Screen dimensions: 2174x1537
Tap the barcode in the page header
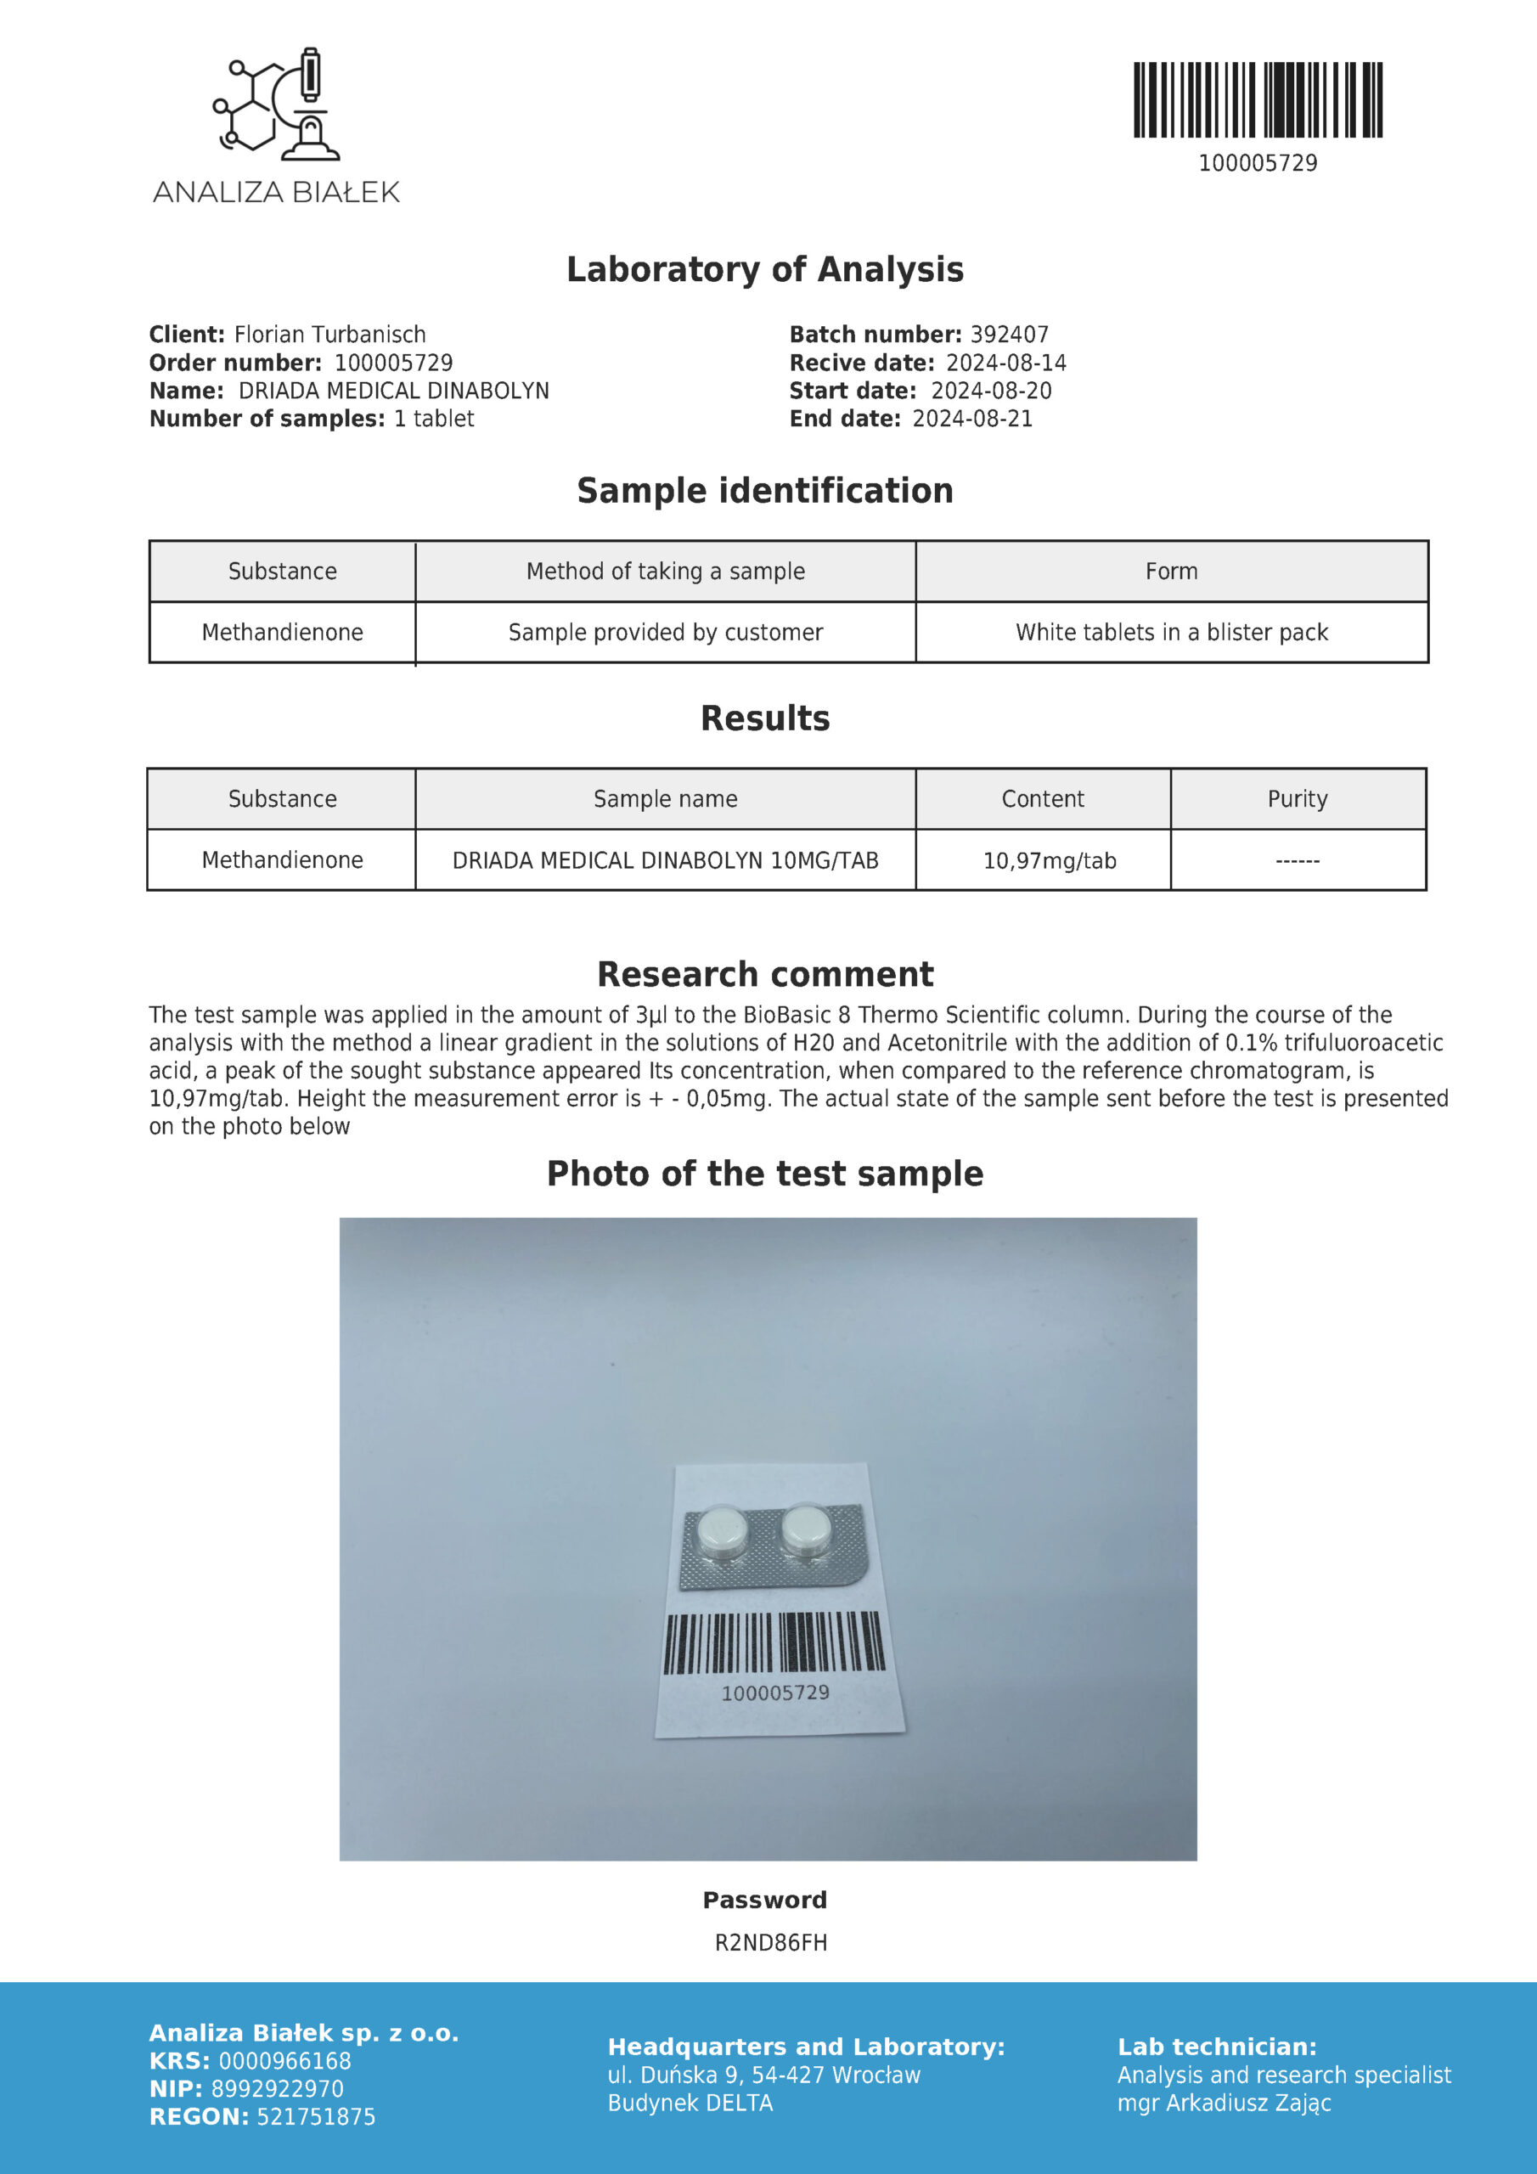pyautogui.click(x=1258, y=100)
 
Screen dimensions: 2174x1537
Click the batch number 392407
pyautogui.click(x=1010, y=335)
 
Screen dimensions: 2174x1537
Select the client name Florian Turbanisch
pyautogui.click(x=329, y=335)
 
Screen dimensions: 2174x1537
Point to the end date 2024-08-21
pyautogui.click(x=971, y=419)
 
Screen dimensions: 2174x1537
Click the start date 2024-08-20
pyautogui.click(x=991, y=390)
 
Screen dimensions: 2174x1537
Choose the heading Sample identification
pyautogui.click(x=765, y=491)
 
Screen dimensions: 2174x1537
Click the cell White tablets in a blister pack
pyautogui.click(x=1172, y=632)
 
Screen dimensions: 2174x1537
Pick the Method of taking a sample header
pyautogui.click(x=665, y=571)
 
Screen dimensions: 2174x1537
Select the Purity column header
pyautogui.click(x=1298, y=798)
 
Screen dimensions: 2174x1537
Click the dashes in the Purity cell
pyautogui.click(x=1298, y=861)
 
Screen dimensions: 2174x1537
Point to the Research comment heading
pyautogui.click(x=765, y=974)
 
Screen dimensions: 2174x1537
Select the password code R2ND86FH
pyautogui.click(x=771, y=1943)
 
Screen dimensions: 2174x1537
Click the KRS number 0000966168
pyautogui.click(x=284, y=2060)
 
